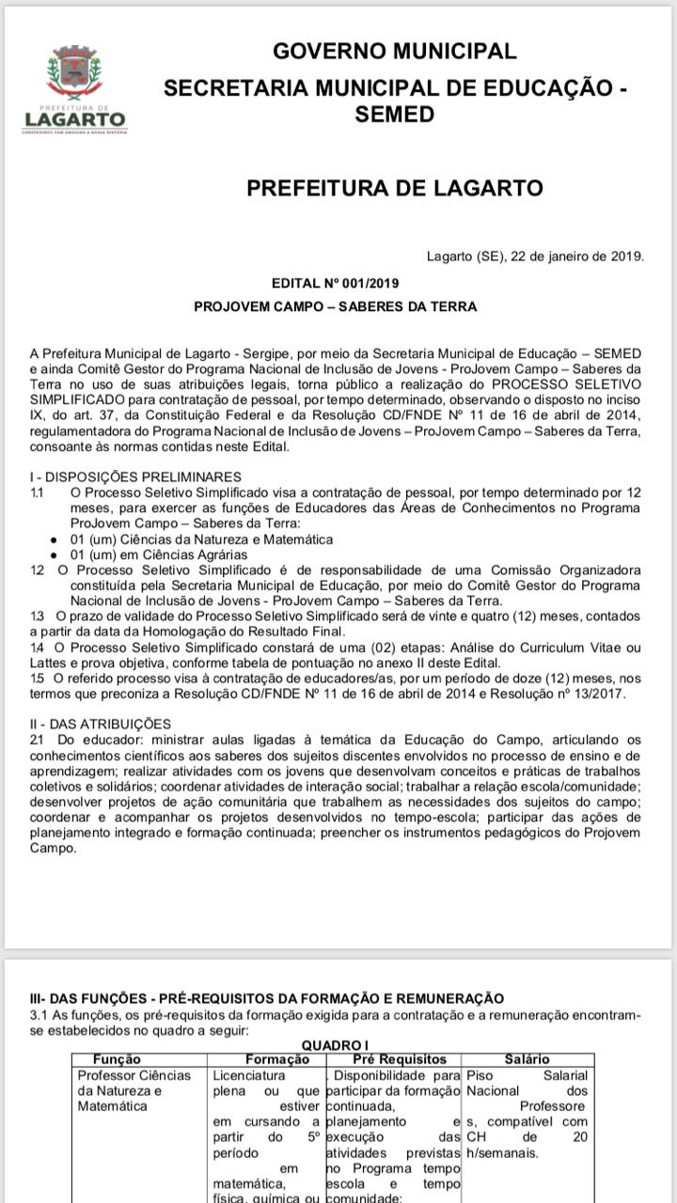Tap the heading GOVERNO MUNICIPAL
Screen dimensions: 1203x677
tap(395, 51)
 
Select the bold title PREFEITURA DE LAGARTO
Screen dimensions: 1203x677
tap(395, 187)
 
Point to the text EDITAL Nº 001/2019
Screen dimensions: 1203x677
tap(335, 282)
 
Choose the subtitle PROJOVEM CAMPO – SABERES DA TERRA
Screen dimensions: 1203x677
tap(335, 306)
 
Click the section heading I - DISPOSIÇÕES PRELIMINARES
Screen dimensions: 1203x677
tap(135, 477)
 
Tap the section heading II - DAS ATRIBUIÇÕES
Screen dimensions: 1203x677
tap(101, 723)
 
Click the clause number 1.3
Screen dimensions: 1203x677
tap(37, 616)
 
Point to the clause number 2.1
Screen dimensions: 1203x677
tap(37, 739)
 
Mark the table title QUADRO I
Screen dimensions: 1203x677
tap(334, 1045)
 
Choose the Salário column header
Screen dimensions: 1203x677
tap(527, 1059)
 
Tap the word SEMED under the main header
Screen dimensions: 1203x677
tap(395, 115)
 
